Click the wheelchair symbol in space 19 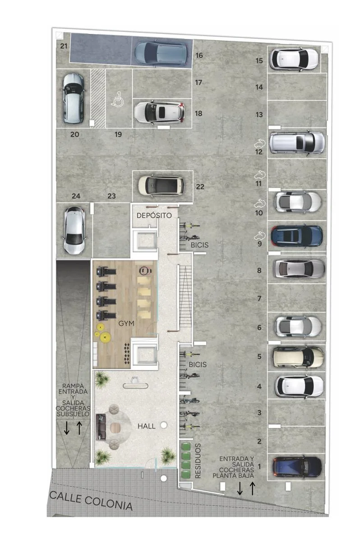pos(117,99)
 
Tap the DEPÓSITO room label pos(154,215)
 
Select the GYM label pos(126,323)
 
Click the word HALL pos(146,426)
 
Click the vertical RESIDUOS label pos(198,461)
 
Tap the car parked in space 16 pos(161,54)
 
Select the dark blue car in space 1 pos(297,467)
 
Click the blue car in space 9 pos(297,236)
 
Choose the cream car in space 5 pos(298,357)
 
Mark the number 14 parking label pos(259,87)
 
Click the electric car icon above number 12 pos(260,143)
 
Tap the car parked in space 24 pos(74,230)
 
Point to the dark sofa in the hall pos(101,427)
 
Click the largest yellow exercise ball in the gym pos(105,337)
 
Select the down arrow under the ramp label pos(67,428)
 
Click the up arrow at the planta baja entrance pos(252,488)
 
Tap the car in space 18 pos(159,112)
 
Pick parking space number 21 pos(64,46)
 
